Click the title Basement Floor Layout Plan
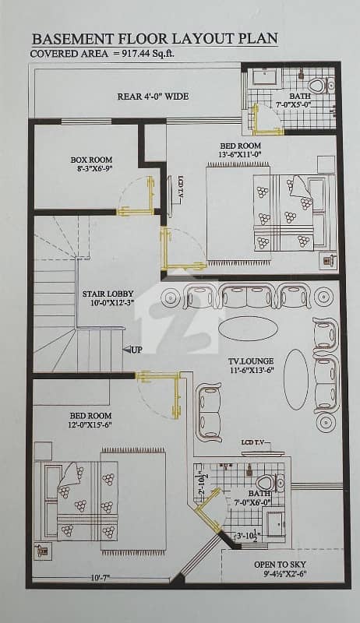pos(154,38)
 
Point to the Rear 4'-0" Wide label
pos(153,97)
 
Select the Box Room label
pos(91,160)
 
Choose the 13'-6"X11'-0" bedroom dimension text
pos(241,153)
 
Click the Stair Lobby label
pos(108,294)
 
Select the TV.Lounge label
pos(251,361)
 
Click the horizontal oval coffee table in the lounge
pos(248,329)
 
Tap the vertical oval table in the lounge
pos(296,379)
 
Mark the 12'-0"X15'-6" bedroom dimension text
pos(90,424)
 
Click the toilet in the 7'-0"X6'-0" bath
pos(270,482)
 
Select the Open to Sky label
pos(281,564)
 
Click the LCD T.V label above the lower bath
pos(255,442)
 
